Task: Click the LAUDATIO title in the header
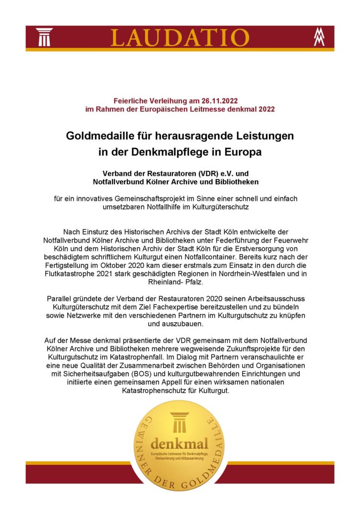coord(180,37)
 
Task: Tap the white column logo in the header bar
coord(44,37)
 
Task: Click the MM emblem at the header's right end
coord(319,37)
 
